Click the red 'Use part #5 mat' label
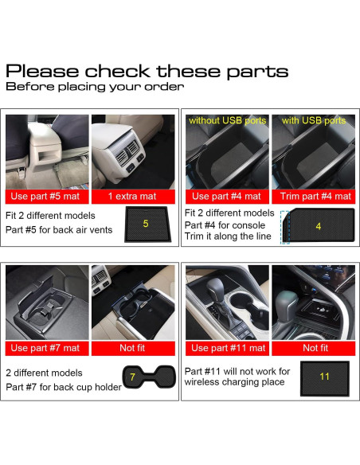[x=47, y=196]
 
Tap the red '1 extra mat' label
[x=133, y=196]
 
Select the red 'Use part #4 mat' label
[x=226, y=196]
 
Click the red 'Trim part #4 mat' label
[x=314, y=196]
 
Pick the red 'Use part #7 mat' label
[x=47, y=347]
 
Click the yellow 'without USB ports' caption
[x=227, y=121]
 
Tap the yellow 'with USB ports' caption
[x=314, y=121]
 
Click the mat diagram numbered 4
[x=318, y=225]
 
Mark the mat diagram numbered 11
[x=323, y=376]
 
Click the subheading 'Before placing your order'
[x=95, y=87]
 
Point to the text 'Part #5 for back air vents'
[x=61, y=230]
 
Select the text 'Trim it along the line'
[x=228, y=236]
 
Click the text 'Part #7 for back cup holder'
[x=64, y=387]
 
